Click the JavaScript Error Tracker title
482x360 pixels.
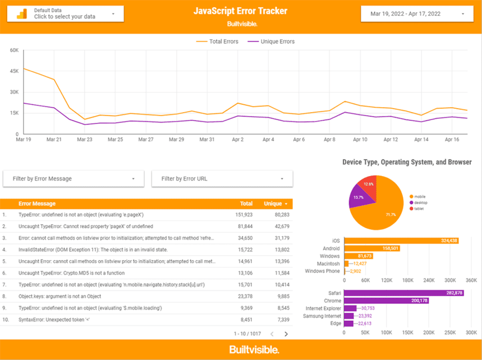pos(240,11)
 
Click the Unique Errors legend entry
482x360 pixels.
pos(271,41)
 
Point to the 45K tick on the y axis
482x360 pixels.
pos(13,71)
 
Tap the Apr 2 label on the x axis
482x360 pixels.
pos(238,140)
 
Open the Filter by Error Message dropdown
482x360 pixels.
pos(72,179)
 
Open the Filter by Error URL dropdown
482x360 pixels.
pos(222,179)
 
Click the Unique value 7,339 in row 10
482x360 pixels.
pos(281,320)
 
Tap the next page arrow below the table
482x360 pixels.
pos(286,334)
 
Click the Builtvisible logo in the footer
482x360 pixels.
pos(254,350)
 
